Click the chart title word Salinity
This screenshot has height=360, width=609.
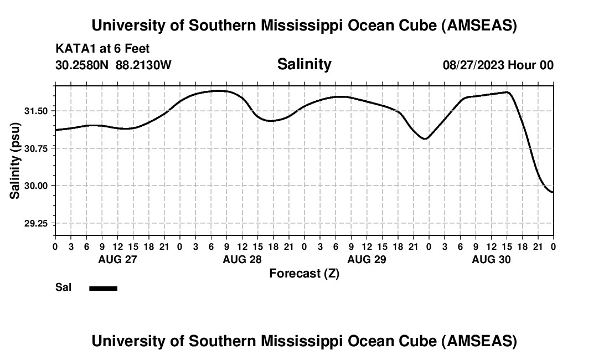tap(304, 64)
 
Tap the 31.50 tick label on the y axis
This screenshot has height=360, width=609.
tap(36, 111)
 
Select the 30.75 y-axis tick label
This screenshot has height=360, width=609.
tap(36, 148)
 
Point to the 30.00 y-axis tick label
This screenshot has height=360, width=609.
tap(36, 186)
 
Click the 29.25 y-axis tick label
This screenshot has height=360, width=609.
tap(36, 223)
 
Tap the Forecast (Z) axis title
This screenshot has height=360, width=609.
tap(304, 273)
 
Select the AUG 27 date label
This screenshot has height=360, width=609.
tap(117, 259)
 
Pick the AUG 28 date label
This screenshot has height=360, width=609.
tap(242, 259)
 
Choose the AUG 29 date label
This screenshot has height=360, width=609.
tap(367, 259)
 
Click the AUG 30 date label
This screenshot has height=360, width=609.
tap(491, 259)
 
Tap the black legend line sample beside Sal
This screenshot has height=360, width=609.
tap(103, 288)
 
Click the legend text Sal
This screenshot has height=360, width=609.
tap(64, 287)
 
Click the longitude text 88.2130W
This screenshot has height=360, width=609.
tap(144, 65)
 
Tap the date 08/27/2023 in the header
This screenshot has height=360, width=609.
tap(473, 65)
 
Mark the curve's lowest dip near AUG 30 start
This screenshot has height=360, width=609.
tap(425, 138)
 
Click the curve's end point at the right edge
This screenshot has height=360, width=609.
tap(553, 192)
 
